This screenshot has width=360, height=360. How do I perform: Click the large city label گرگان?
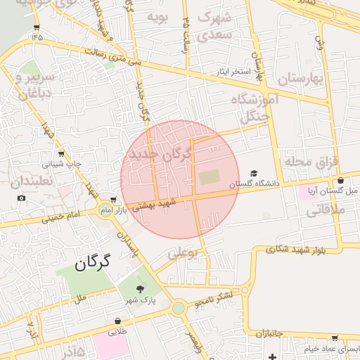[92, 264]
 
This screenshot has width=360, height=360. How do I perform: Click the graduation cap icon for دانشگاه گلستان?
[254, 173]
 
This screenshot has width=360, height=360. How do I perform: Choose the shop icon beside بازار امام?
[114, 200]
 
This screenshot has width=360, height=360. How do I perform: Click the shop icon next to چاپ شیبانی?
[60, 153]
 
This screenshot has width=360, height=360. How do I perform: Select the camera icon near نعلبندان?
[22, 198]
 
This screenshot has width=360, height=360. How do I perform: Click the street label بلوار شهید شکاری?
[296, 249]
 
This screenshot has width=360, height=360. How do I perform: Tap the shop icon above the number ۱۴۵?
[37, 27]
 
